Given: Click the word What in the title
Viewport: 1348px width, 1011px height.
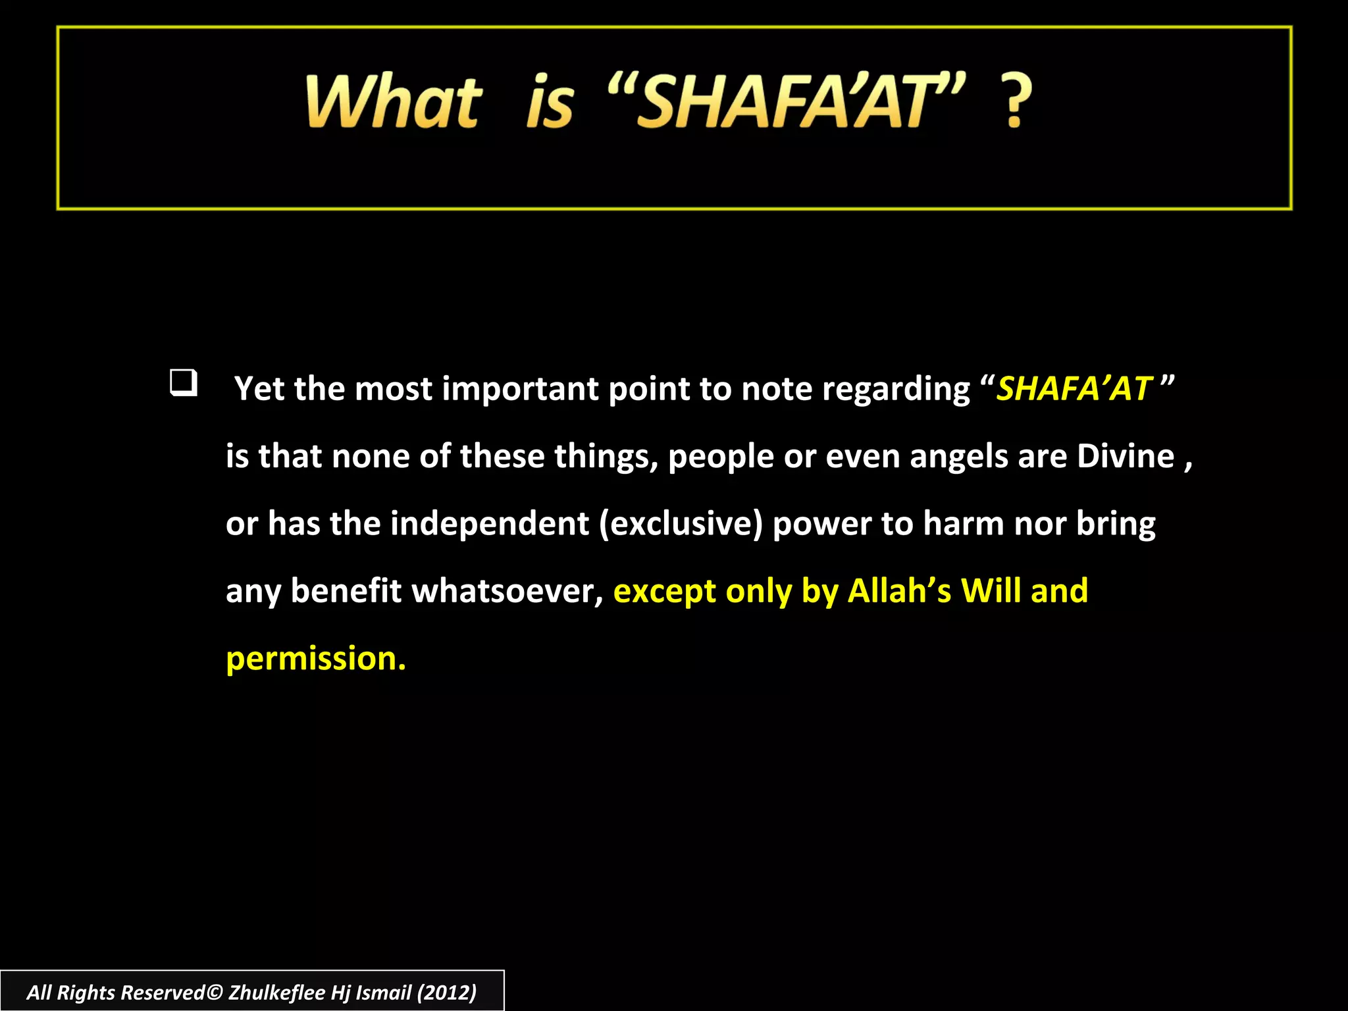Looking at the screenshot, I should pos(394,102).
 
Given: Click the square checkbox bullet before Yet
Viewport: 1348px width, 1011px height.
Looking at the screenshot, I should pos(183,383).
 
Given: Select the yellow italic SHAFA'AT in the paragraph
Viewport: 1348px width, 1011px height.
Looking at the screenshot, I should pos(1074,388).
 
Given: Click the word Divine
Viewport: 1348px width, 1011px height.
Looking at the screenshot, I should pos(1125,456).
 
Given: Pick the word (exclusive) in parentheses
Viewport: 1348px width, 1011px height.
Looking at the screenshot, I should pos(681,524).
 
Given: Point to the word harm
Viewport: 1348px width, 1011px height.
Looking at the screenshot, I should pos(964,524).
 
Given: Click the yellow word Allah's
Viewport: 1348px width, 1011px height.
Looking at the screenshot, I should pos(899,591).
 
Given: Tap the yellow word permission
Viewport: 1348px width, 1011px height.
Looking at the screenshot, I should pos(315,659).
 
